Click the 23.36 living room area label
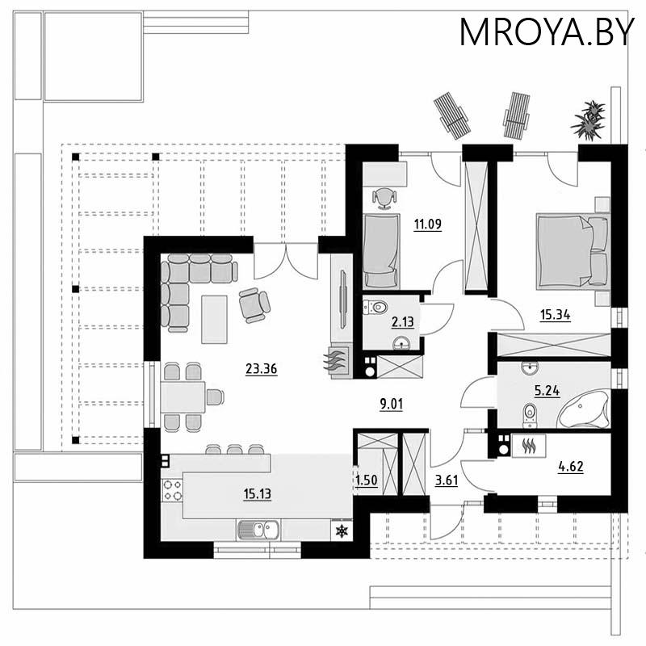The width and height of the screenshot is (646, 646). [x=261, y=368]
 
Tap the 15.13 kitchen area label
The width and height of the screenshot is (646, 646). [x=257, y=493]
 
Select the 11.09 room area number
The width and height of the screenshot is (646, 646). [x=428, y=224]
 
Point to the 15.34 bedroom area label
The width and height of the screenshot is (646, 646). [x=555, y=315]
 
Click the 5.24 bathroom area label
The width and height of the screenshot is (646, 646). [x=547, y=390]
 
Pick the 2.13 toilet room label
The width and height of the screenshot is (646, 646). [x=402, y=321]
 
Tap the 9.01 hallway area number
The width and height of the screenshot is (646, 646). [x=391, y=405]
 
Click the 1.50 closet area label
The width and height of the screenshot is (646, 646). [x=367, y=480]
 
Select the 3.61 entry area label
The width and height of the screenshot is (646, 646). [x=447, y=480]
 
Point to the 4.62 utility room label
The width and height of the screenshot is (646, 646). [x=571, y=467]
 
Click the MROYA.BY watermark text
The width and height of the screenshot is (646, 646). [x=547, y=31]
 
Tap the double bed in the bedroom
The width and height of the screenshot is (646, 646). [x=573, y=251]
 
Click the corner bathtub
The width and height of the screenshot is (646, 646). [x=584, y=409]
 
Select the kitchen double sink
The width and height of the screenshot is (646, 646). [x=258, y=530]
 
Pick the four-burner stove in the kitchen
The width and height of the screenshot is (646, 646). [x=172, y=490]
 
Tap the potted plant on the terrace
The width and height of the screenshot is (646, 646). [x=589, y=120]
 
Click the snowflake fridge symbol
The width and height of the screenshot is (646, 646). [x=342, y=531]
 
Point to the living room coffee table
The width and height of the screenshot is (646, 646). [x=214, y=319]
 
